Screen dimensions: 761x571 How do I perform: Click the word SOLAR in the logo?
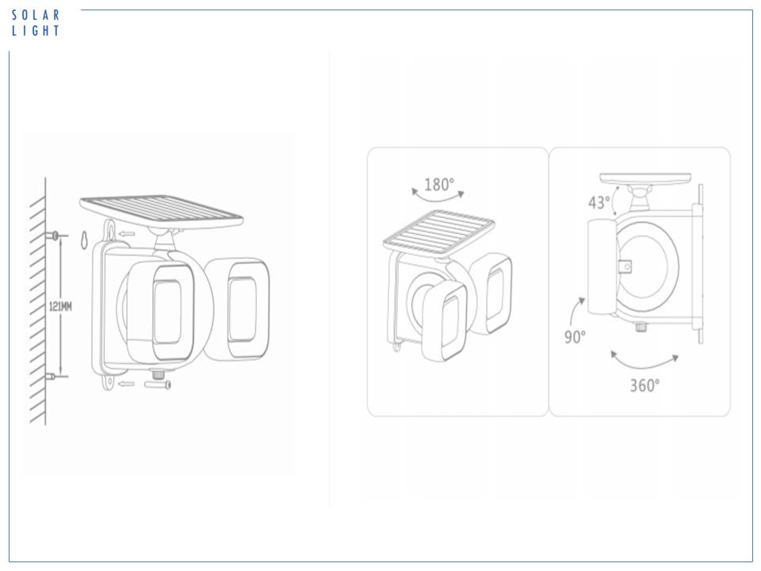click(36, 15)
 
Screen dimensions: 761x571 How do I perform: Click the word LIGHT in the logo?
click(36, 31)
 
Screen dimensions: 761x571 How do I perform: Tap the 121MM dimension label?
click(61, 306)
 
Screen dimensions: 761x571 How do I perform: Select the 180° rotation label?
click(439, 185)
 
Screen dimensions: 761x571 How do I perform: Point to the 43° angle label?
click(599, 202)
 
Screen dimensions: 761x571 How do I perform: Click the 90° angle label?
click(575, 336)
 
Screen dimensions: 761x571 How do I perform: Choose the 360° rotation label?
click(644, 385)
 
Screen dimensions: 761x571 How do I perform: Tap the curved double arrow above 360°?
click(644, 363)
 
